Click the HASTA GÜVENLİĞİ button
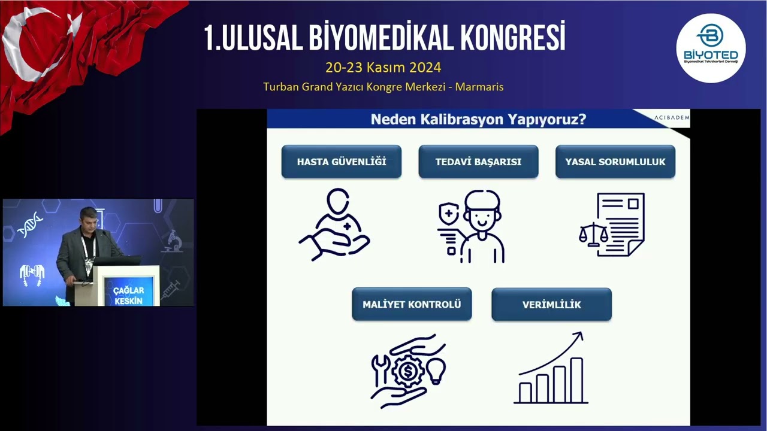pyautogui.click(x=341, y=162)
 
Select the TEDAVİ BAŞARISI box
pyautogui.click(x=478, y=162)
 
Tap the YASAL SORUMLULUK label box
pyautogui.click(x=615, y=162)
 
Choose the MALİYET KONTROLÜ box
pyautogui.click(x=412, y=304)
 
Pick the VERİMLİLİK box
pyautogui.click(x=551, y=304)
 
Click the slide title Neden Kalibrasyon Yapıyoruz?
pyautogui.click(x=478, y=119)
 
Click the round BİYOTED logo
pyautogui.click(x=711, y=48)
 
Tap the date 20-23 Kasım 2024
pyautogui.click(x=383, y=68)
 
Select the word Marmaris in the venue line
pyautogui.click(x=479, y=87)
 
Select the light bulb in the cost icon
pyautogui.click(x=436, y=371)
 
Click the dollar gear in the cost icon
pyautogui.click(x=408, y=371)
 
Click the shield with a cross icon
pyautogui.click(x=449, y=213)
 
